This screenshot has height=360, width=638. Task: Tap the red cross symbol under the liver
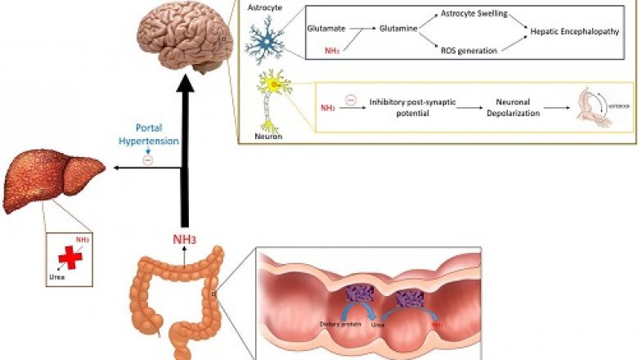(70, 256)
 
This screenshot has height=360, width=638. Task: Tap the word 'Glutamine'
(397, 28)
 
